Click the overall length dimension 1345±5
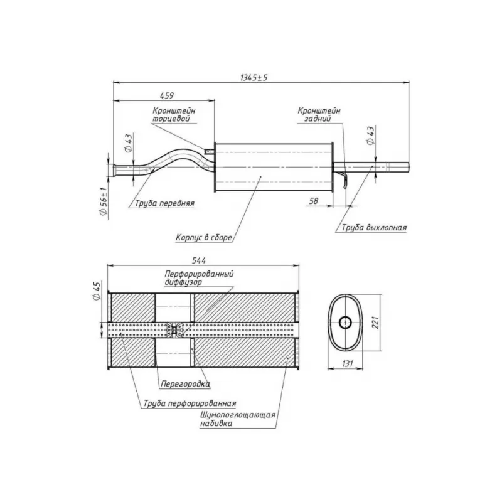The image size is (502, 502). (x=254, y=77)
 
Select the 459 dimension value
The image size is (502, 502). (x=166, y=95)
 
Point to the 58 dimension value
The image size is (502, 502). (x=314, y=201)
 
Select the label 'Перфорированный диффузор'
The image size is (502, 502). (x=199, y=279)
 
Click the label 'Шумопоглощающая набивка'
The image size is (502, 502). (x=238, y=419)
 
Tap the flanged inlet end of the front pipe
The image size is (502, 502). (x=114, y=169)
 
